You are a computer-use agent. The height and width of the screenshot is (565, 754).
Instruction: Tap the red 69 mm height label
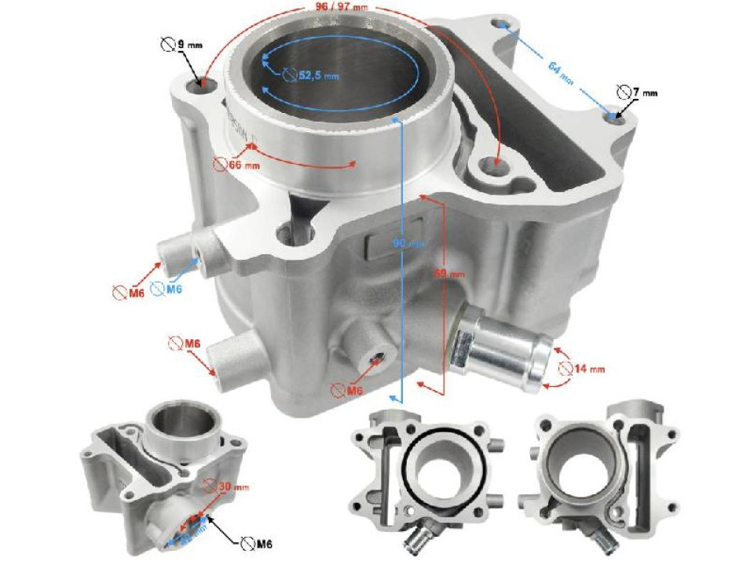coord(451,274)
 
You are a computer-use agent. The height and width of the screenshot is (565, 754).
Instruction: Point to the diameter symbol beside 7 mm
coord(624,92)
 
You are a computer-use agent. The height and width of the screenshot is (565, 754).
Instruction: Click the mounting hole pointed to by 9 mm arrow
coord(206,82)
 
